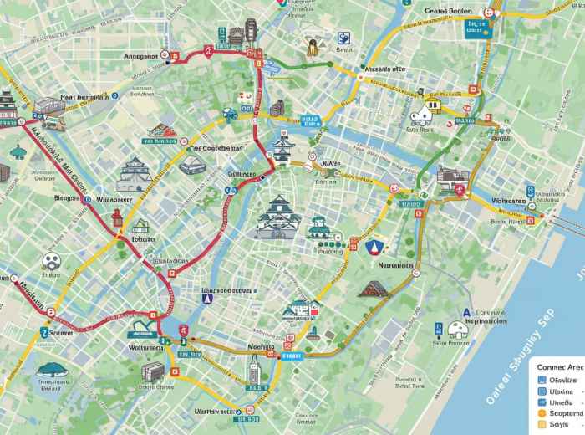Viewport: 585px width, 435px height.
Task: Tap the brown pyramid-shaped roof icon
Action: pyautogui.click(x=374, y=289)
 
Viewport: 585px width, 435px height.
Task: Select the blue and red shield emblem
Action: pyautogui.click(x=374, y=247)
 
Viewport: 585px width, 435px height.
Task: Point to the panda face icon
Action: pyautogui.click(x=51, y=260)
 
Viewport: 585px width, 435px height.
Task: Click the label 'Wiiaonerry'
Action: pyautogui.click(x=114, y=200)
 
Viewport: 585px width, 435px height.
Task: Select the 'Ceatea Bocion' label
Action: pyautogui.click(x=448, y=11)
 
